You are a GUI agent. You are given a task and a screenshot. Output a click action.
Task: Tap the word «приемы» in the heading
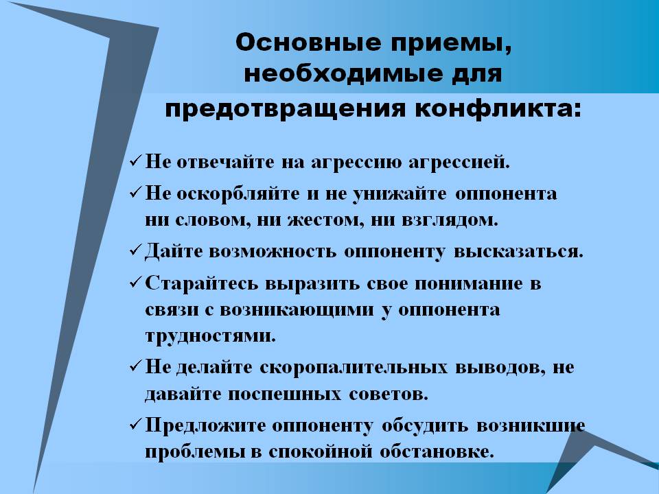(451, 43)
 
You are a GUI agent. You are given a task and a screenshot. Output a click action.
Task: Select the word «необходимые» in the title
(343, 74)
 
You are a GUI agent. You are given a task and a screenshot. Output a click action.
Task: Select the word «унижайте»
(400, 194)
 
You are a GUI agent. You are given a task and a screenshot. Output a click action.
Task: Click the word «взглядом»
(450, 220)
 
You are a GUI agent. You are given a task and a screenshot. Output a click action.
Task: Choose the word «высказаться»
(519, 251)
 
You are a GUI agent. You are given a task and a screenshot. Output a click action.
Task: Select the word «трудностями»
(211, 336)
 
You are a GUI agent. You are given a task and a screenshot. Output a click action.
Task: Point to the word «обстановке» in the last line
(437, 452)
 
